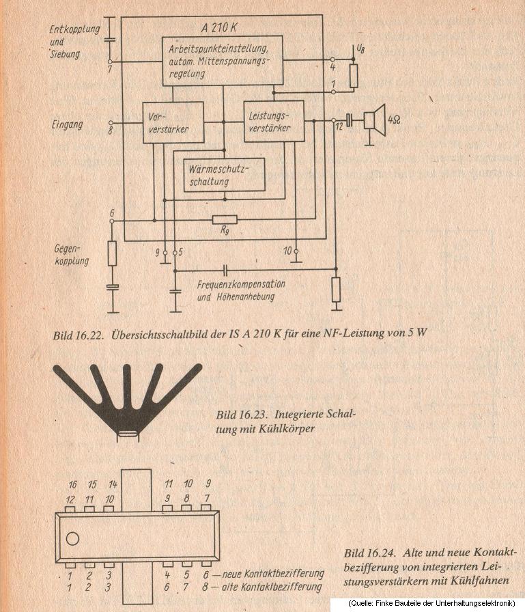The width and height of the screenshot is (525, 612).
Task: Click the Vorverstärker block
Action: click(173, 122)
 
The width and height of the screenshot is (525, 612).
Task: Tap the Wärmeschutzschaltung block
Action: click(224, 175)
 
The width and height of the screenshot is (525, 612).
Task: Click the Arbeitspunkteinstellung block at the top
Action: click(221, 60)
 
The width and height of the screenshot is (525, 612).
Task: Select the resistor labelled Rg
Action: click(225, 220)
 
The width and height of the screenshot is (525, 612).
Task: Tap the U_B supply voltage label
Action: click(361, 49)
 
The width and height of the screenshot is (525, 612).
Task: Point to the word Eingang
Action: click(67, 124)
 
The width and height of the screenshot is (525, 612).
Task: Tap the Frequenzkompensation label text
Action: click(241, 283)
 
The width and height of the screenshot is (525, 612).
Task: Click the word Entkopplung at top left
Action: click(75, 29)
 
